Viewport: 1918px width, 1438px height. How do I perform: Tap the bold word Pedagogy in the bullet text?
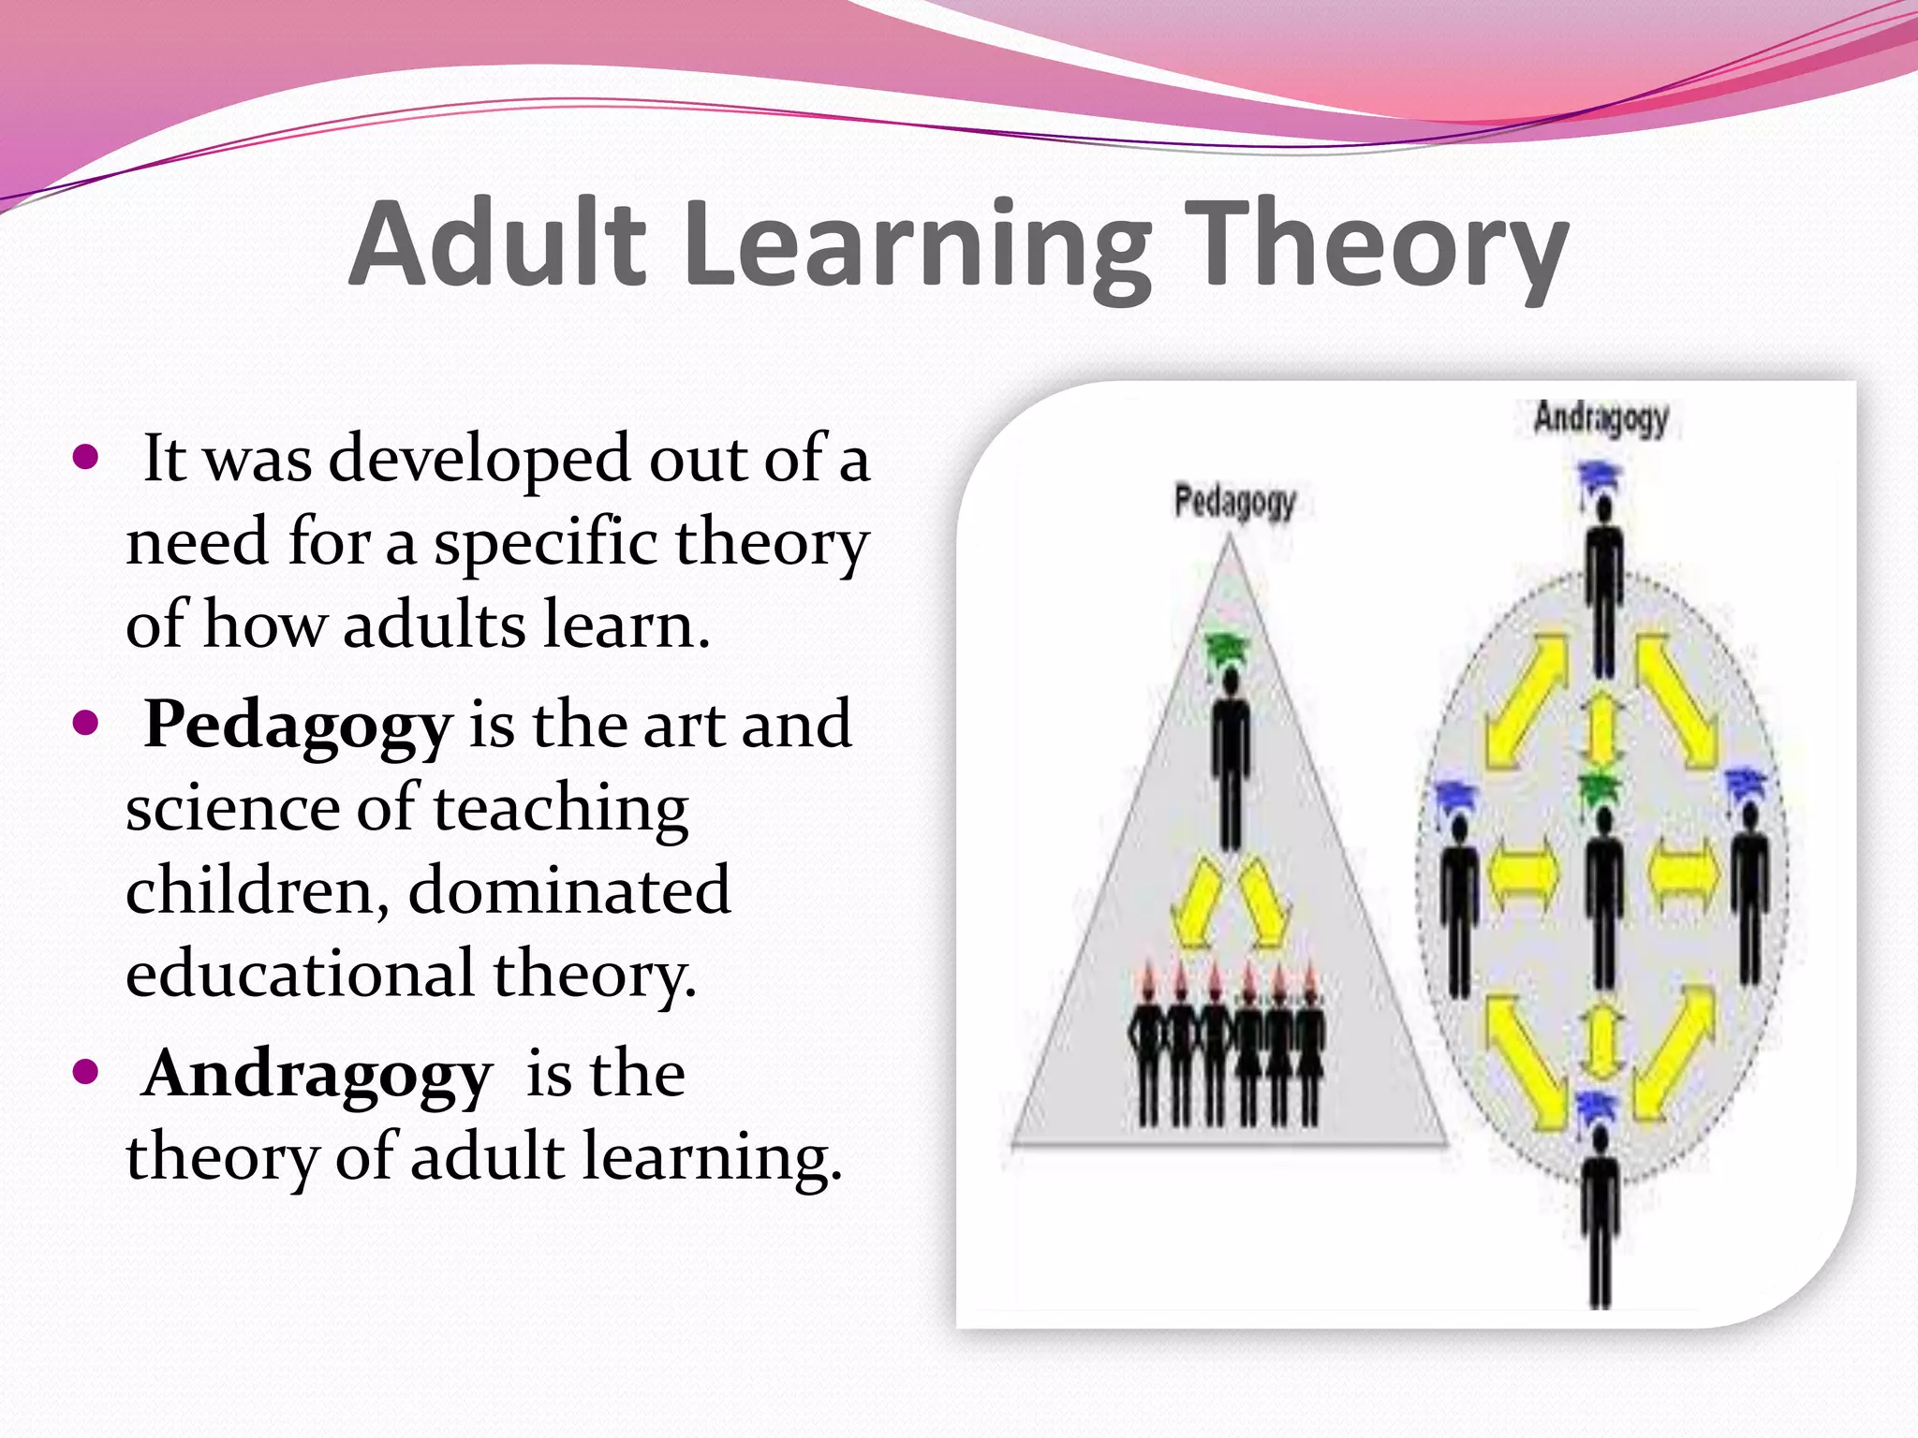pyautogui.click(x=298, y=726)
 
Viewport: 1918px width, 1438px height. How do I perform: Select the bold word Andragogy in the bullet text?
pyautogui.click(x=317, y=1074)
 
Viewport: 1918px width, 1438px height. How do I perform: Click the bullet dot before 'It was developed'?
pyautogui.click(x=85, y=458)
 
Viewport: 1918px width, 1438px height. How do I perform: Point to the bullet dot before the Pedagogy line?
pyautogui.click(x=85, y=724)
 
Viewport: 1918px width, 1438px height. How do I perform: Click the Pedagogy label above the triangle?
pyautogui.click(x=1234, y=503)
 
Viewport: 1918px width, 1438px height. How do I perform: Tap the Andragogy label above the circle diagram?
pyautogui.click(x=1601, y=418)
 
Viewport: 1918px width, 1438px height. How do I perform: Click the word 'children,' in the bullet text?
pyautogui.click(x=258, y=890)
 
